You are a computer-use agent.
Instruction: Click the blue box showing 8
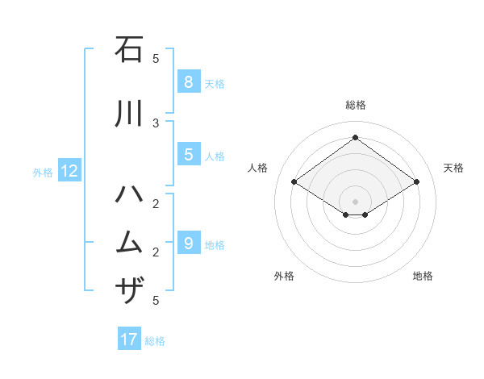188,81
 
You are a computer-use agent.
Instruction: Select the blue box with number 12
69,171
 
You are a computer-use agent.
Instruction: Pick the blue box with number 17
129,339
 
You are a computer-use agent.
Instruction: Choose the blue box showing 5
188,155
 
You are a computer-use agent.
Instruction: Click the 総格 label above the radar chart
355,105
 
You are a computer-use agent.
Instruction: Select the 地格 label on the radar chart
423,276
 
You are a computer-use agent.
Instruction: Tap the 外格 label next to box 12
42,172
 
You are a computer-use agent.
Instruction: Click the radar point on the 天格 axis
416,182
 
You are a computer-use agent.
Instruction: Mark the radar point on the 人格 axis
294,182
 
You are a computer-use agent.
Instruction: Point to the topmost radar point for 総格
355,137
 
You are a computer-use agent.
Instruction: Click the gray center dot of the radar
355,201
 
